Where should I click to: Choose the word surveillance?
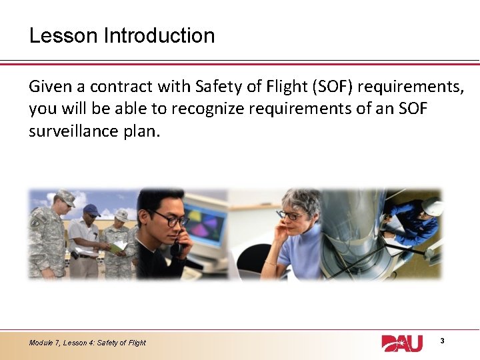(75, 131)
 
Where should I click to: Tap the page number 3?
(443, 341)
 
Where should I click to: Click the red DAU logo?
(401, 343)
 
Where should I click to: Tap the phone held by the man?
(177, 247)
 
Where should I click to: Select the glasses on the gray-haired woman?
(291, 215)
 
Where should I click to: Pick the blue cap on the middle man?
(91, 209)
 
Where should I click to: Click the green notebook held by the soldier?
(119, 247)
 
